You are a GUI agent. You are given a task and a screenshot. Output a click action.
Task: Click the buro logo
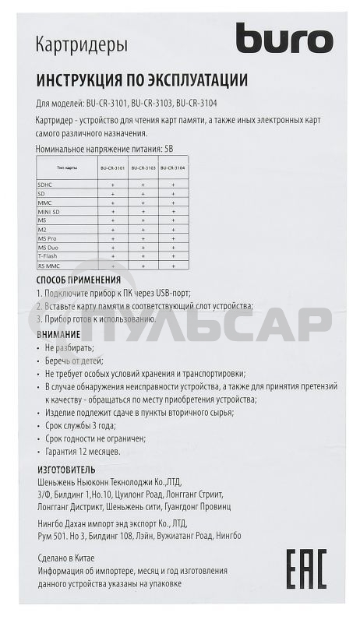pos(284,38)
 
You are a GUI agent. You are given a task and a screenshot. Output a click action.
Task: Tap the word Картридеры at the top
pos(82,47)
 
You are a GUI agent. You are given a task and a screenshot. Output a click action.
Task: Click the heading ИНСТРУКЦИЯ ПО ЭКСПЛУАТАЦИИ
pos(142,80)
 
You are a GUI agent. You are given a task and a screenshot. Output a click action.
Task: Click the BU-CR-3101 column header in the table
pos(112,167)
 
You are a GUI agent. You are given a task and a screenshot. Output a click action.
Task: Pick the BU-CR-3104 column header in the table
pos(174,167)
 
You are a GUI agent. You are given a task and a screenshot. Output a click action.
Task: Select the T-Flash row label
pos(48,256)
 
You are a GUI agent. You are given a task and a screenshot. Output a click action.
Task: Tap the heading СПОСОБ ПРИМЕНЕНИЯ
pos(79,280)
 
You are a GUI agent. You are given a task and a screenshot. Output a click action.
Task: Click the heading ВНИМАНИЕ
pos(58,333)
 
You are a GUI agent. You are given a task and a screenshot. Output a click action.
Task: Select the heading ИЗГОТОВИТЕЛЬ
pos(66,469)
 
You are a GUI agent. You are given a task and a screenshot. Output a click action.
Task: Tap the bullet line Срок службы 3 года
pos(80,425)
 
